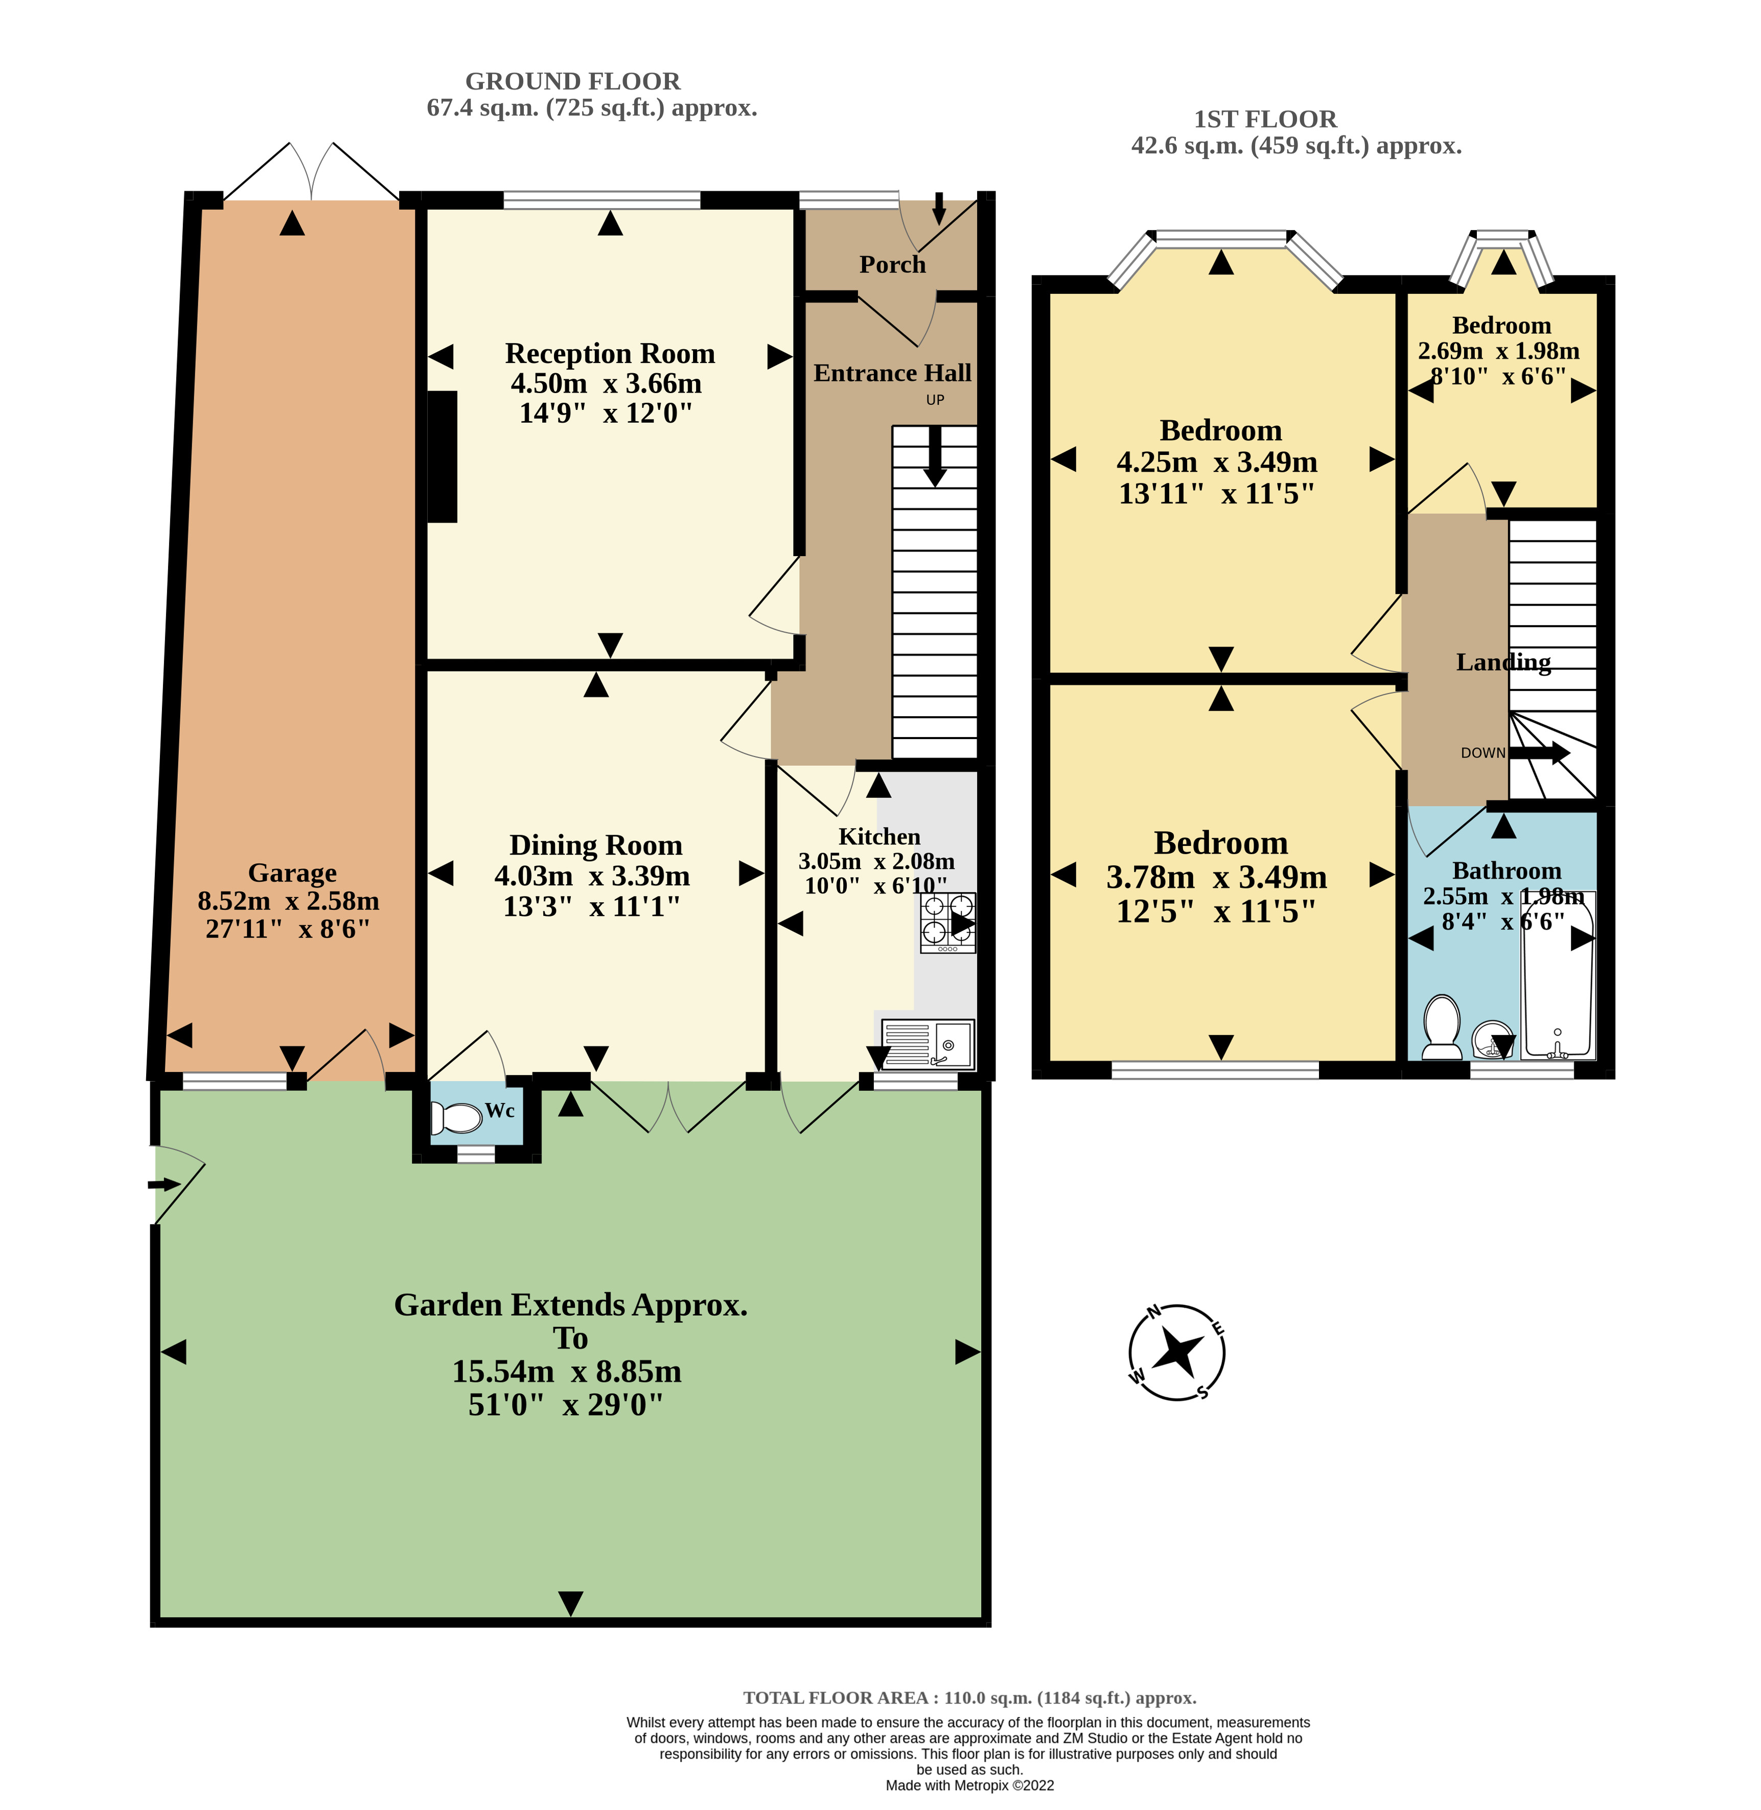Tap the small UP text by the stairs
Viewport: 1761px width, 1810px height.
(935, 400)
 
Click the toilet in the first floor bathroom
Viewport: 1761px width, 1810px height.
(1441, 1026)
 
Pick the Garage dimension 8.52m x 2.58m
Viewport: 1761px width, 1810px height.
(289, 901)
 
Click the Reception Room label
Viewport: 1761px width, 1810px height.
(610, 353)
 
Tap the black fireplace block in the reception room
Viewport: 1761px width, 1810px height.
(442, 457)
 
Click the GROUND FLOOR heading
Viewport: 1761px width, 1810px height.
(572, 81)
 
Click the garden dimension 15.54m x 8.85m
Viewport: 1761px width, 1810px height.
(566, 1371)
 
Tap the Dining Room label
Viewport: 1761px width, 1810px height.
(596, 845)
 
